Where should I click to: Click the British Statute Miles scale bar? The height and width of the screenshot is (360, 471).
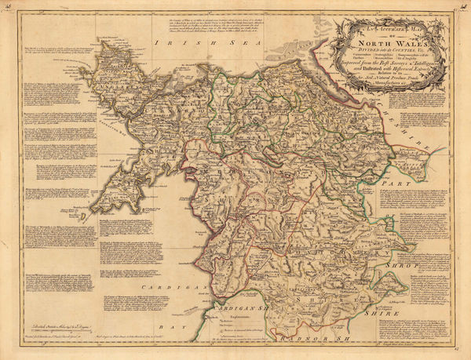click(x=55, y=333)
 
